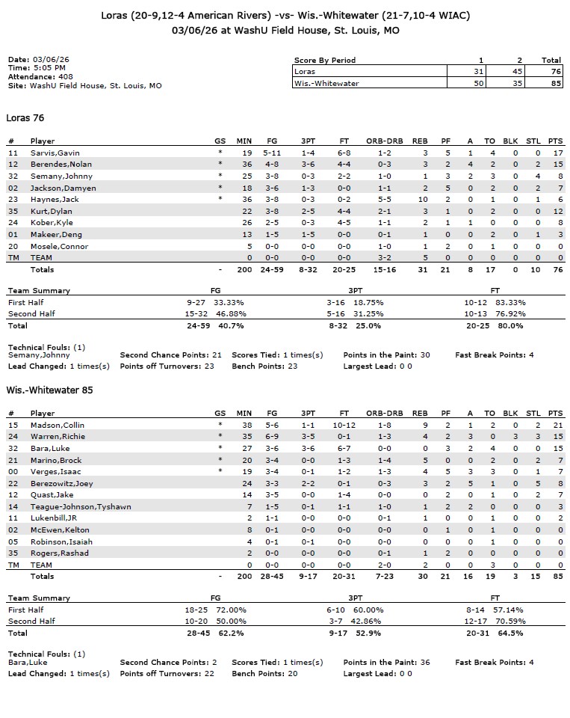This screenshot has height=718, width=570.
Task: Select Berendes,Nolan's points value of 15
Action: [554, 165]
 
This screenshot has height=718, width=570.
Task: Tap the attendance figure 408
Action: [63, 77]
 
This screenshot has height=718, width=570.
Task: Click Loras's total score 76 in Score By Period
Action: [551, 72]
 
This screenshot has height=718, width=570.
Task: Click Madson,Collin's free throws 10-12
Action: [344, 425]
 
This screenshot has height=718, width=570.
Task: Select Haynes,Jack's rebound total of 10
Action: [422, 200]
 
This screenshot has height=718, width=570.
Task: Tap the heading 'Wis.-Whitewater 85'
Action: [49, 390]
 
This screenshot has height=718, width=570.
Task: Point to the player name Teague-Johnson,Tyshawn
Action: [81, 506]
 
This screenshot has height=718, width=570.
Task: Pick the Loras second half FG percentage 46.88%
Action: [230, 314]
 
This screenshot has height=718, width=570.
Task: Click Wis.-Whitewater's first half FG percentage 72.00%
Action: [230, 610]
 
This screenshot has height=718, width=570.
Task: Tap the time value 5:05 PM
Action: [44, 68]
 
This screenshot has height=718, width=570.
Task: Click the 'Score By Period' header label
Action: [325, 61]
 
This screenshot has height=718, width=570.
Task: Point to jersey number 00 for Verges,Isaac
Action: [12, 471]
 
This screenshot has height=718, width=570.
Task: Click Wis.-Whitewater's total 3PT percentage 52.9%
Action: [367, 633]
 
